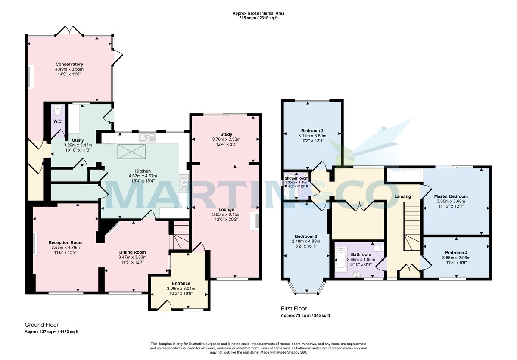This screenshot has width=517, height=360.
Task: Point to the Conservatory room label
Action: pyautogui.click(x=69, y=64)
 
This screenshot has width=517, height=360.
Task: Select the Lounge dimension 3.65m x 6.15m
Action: pyautogui.click(x=226, y=214)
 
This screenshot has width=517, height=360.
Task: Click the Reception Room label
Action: pyautogui.click(x=65, y=242)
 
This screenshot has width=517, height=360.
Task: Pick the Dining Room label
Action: pyautogui.click(x=132, y=252)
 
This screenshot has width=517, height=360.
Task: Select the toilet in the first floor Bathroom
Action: pyautogui.click(x=377, y=249)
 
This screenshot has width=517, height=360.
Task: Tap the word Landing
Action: pyautogui.click(x=402, y=196)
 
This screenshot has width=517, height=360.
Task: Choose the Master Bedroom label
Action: pyautogui.click(x=451, y=196)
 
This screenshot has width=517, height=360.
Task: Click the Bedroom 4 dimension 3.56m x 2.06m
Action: pyautogui.click(x=456, y=258)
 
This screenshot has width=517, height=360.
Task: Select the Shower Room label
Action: pyautogui.click(x=296, y=178)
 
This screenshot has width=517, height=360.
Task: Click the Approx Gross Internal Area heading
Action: pyautogui.click(x=258, y=13)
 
